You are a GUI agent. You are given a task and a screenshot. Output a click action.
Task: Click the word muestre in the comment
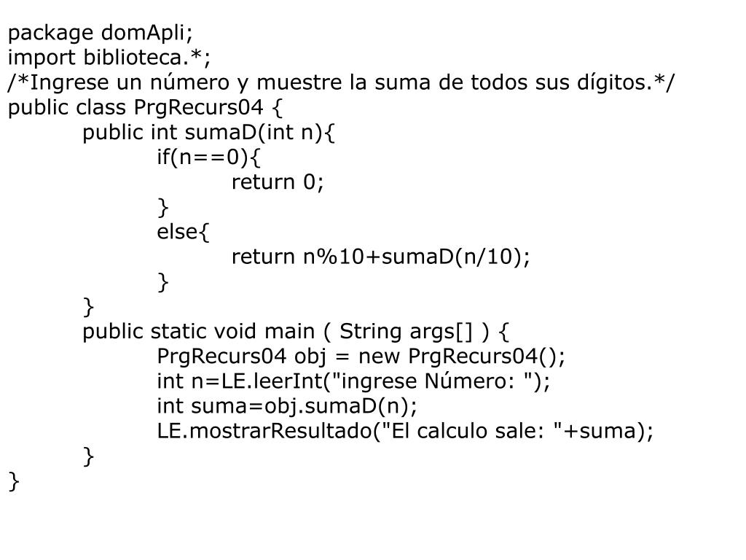[x=299, y=82]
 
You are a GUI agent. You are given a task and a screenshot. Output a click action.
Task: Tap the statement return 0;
[x=277, y=182]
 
